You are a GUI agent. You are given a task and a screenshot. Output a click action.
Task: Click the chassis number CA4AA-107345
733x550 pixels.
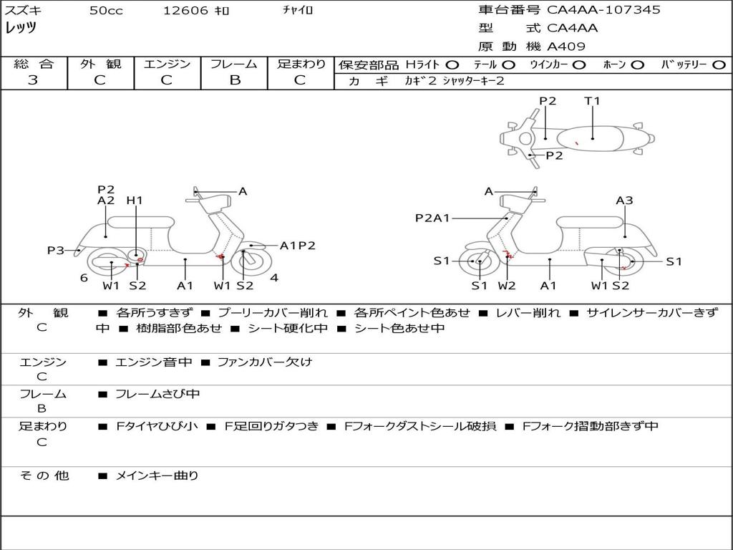tap(603, 10)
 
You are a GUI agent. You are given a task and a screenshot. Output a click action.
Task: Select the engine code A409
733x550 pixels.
tap(566, 47)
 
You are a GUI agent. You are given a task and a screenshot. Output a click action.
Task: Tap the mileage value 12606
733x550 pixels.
tap(185, 11)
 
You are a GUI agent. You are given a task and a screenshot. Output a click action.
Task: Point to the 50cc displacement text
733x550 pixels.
tap(106, 11)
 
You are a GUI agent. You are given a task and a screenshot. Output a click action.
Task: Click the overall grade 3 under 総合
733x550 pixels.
tap(33, 79)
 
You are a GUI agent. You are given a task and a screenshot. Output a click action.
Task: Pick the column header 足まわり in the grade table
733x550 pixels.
tap(301, 64)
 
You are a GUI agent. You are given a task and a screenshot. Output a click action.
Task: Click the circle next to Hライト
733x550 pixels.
tap(452, 65)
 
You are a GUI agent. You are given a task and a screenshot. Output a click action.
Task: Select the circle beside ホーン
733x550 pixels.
tap(637, 65)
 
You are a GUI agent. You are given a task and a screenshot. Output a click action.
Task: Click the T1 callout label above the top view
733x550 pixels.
tap(592, 101)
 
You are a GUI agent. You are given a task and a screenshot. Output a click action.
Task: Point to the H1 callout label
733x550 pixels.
tap(135, 201)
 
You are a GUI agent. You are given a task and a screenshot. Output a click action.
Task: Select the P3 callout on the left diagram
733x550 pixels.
tap(56, 251)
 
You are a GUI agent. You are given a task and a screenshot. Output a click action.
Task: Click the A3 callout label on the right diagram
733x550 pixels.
tap(624, 201)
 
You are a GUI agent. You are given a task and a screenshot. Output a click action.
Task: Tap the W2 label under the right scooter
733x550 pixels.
tap(507, 286)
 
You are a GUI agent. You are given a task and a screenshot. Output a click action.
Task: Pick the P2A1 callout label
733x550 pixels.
tap(432, 218)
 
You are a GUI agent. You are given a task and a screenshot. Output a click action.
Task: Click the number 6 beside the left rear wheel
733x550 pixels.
tap(84, 278)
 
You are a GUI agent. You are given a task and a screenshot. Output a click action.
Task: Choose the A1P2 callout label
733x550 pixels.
tap(297, 246)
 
